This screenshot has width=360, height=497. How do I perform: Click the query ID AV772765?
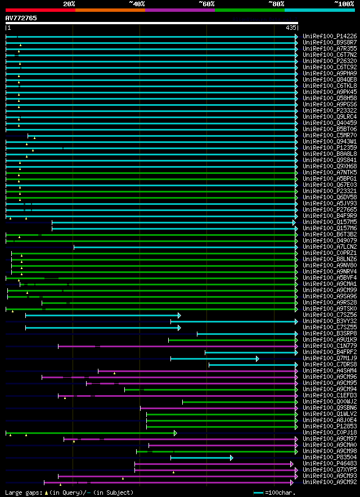pyautogui.click(x=21, y=18)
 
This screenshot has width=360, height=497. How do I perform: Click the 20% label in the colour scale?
pyautogui.click(x=69, y=4)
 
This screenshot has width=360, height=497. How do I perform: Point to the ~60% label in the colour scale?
pyautogui.click(x=206, y=4)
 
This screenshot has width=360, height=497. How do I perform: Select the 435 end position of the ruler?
pyautogui.click(x=291, y=28)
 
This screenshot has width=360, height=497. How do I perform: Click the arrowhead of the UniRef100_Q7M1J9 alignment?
pyautogui.click(x=257, y=359)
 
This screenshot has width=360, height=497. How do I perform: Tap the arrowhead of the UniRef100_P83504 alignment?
pyautogui.click(x=231, y=458)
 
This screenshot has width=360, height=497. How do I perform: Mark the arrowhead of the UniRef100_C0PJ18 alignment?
pyautogui.click(x=175, y=433)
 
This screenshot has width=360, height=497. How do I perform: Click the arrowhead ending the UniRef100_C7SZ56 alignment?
pyautogui.click(x=179, y=315)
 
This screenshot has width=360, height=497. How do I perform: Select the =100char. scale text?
pyautogui.click(x=280, y=492)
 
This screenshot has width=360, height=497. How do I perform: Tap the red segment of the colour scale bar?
pyautogui.click(x=40, y=10)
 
